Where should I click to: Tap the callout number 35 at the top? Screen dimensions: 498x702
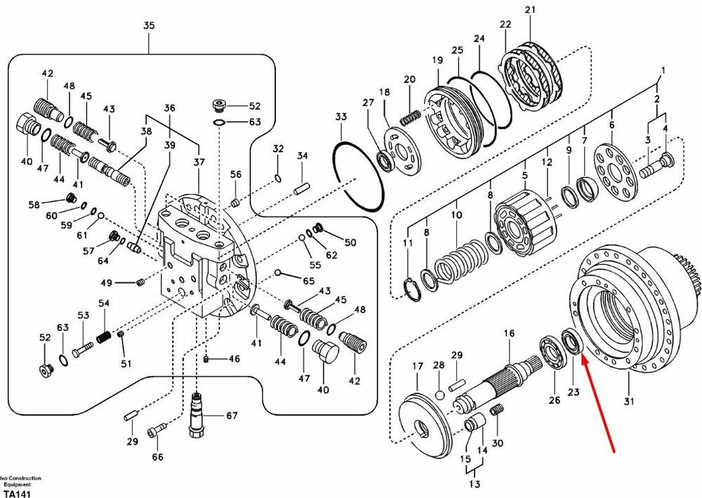point(149,26)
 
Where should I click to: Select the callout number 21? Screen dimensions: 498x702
point(529,10)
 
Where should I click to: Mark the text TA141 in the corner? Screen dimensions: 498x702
point(15,493)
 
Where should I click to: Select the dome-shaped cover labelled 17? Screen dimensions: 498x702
point(424,421)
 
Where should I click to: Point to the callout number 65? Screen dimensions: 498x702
point(308,281)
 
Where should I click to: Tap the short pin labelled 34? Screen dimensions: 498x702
point(303,188)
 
